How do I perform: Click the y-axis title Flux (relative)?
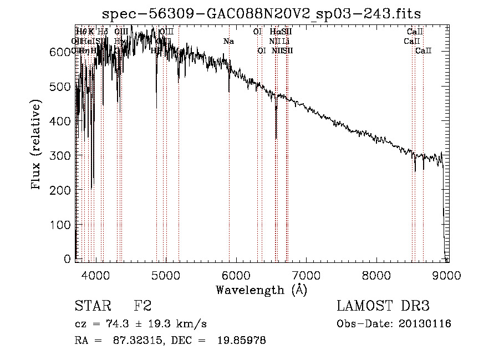click(37, 145)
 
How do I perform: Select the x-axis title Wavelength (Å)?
click(262, 290)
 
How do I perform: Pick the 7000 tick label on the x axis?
click(307, 275)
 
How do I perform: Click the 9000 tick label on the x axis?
click(447, 275)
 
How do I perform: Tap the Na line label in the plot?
click(228, 41)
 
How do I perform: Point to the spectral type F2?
click(142, 306)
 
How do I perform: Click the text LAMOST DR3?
click(383, 306)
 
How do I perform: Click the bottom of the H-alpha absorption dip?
click(276, 138)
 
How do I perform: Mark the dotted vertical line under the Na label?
click(229, 166)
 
